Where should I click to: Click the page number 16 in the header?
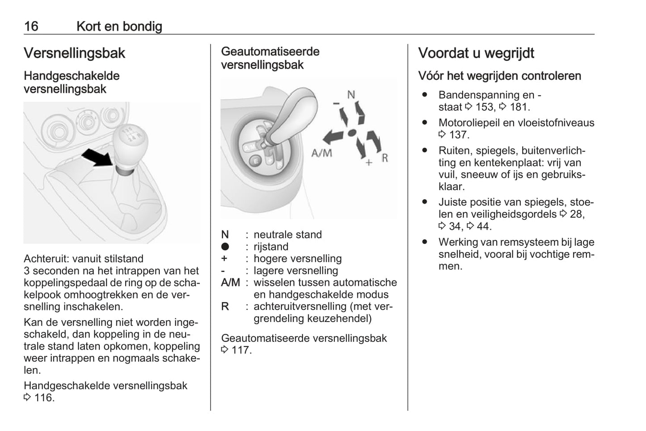point(31,26)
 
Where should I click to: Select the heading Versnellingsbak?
point(74,53)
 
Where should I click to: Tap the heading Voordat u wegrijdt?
point(476,53)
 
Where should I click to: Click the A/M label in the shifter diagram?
point(322,153)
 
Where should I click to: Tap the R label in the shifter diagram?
point(384,158)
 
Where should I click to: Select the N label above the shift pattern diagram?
point(351,95)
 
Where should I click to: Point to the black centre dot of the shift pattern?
point(352,133)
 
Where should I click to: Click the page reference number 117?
point(241,350)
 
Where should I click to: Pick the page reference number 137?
point(459,135)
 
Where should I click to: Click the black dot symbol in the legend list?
point(225,247)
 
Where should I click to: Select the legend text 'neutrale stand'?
point(287,234)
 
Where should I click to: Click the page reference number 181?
point(519,107)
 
